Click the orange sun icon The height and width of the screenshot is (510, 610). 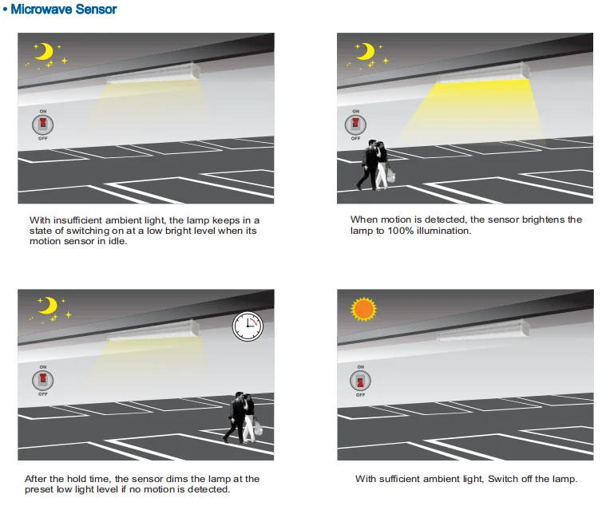click(363, 309)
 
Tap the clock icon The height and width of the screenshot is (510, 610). click(248, 326)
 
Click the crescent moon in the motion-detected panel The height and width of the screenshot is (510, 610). click(366, 51)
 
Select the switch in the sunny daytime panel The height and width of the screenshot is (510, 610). click(360, 381)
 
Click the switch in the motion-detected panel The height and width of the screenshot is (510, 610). click(355, 125)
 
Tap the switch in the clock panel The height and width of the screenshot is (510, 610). click(43, 380)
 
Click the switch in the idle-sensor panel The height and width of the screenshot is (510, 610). click(43, 125)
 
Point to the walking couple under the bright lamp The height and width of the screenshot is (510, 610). click(375, 165)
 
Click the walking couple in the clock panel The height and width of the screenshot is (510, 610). click(243, 418)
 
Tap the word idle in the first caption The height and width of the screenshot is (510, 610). click(117, 241)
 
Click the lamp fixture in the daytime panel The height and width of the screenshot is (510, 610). click(484, 330)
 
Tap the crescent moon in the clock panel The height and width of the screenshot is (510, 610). click(49, 306)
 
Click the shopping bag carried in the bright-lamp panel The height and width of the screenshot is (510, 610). click(391, 174)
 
